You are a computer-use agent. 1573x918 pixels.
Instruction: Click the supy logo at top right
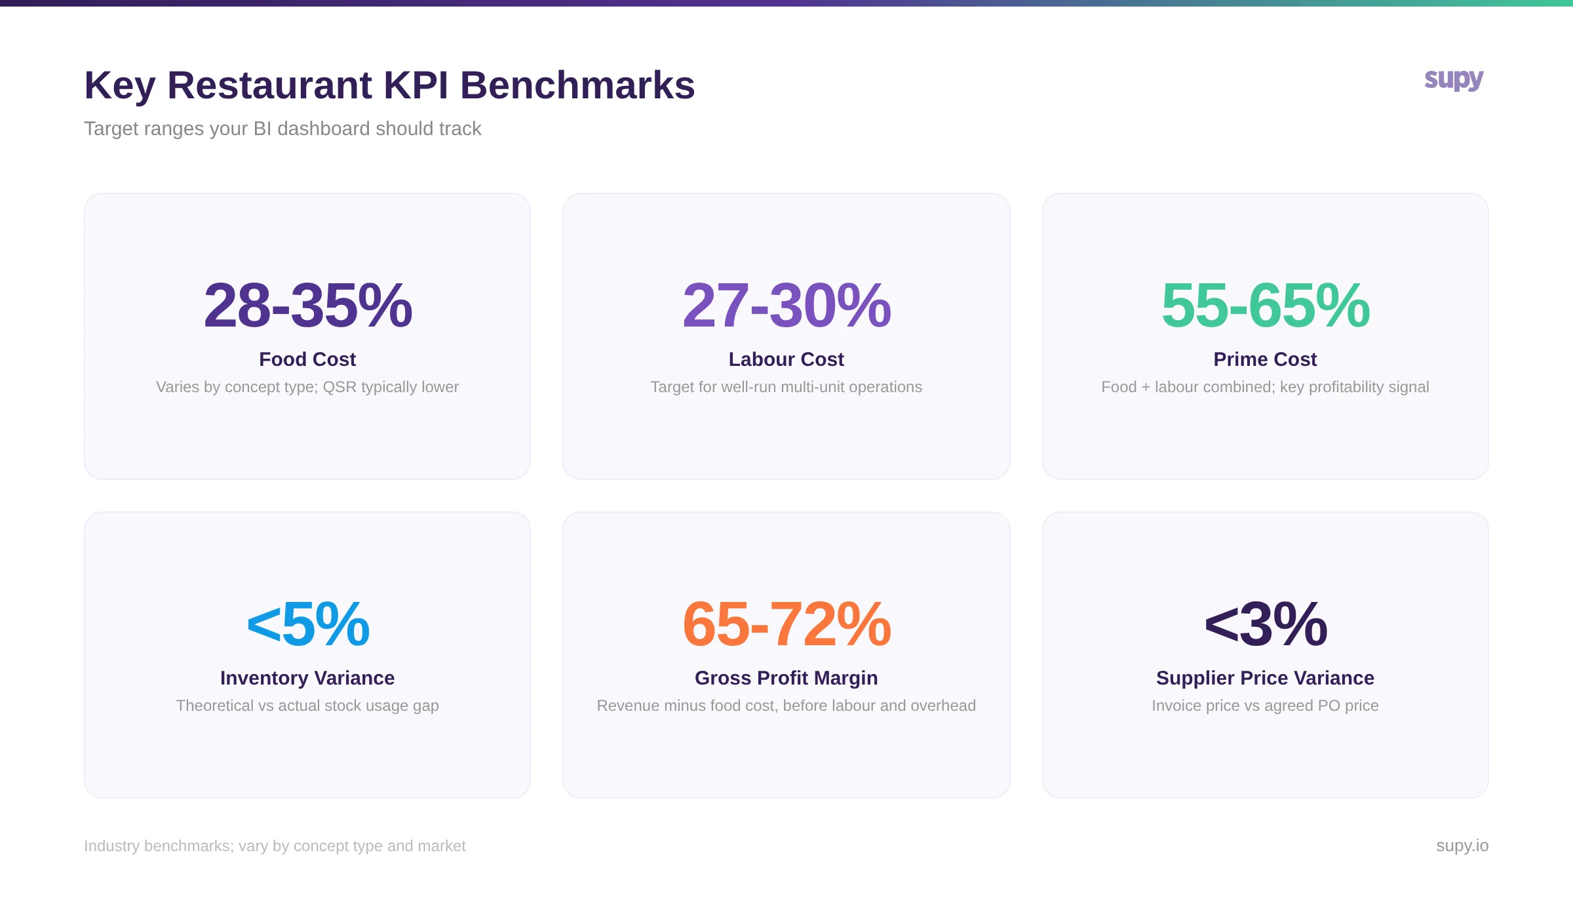(1453, 80)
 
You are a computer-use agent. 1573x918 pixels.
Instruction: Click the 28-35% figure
(307, 306)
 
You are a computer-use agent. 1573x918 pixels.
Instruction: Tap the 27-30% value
(786, 306)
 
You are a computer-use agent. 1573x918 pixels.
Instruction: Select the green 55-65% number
(1265, 306)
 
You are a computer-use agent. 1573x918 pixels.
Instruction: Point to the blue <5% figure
(307, 624)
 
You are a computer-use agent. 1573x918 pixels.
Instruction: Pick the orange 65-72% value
(786, 624)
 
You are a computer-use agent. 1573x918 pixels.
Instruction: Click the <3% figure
(1265, 624)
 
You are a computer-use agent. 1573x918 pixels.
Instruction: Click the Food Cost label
(307, 359)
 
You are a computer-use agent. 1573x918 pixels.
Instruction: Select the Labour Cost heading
(786, 359)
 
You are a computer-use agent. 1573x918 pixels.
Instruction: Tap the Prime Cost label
(1265, 359)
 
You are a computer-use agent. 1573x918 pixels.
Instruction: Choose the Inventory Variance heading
(307, 678)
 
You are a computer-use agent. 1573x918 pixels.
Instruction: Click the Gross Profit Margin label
(786, 678)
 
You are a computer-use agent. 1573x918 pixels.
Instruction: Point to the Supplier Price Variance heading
(1265, 678)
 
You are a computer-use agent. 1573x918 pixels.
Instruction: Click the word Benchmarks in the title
(577, 85)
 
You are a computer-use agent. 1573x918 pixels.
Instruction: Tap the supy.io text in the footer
(1462, 846)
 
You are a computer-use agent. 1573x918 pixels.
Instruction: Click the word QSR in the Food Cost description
(339, 387)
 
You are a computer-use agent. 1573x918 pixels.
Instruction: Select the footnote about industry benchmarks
(275, 846)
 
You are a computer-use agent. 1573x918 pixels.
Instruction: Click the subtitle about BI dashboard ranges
(282, 129)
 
